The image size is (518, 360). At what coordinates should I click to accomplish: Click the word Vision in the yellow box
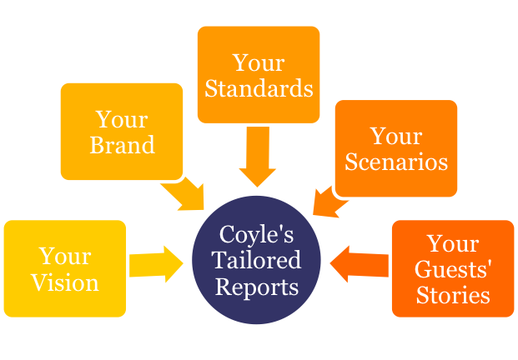[65, 282]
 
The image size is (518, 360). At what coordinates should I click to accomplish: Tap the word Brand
[123, 144]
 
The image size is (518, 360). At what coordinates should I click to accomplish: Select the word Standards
[259, 88]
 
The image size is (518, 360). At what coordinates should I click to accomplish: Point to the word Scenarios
[396, 162]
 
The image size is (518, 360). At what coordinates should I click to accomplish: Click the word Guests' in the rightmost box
[453, 270]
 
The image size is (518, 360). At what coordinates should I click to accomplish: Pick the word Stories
[453, 295]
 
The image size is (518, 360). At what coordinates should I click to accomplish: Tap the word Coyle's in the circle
[256, 234]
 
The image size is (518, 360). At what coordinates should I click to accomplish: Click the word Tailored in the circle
[256, 260]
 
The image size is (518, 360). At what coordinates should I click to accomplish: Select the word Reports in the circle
[257, 287]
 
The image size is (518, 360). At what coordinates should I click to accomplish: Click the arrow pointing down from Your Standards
[258, 157]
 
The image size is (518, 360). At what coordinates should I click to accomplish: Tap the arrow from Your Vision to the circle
[156, 264]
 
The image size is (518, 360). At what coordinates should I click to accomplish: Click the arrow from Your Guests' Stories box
[360, 264]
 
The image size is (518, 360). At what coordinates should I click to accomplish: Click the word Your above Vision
[65, 256]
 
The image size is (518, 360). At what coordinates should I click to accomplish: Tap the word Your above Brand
[122, 119]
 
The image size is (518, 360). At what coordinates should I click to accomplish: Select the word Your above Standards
[259, 62]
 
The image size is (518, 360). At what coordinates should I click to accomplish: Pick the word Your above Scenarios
[396, 136]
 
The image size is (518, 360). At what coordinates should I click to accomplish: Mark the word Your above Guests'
[453, 243]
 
